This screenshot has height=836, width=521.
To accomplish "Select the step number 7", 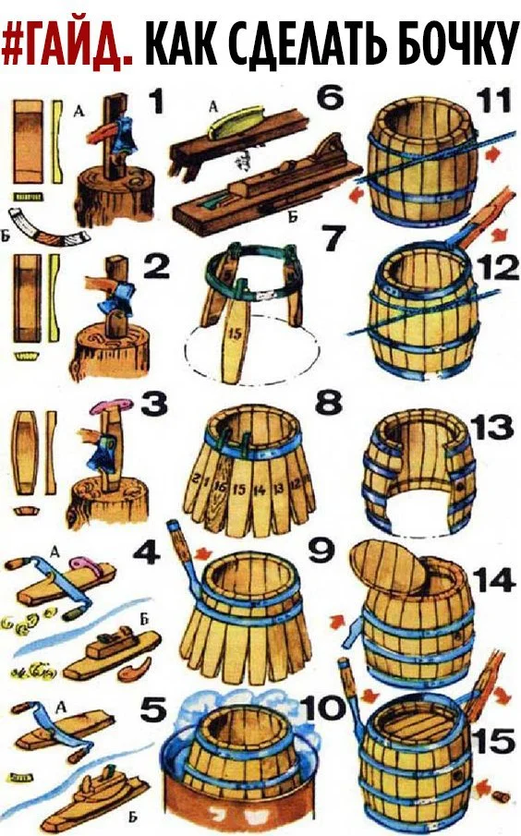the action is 333,237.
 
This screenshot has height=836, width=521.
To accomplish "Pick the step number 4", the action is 147,553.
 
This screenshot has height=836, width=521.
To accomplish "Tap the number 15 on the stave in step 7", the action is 235,334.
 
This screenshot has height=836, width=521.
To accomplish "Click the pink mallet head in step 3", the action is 113,406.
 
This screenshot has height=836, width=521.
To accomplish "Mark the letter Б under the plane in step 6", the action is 292,216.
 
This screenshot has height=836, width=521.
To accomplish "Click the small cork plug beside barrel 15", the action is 502,797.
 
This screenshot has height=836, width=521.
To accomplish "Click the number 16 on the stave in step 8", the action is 219,486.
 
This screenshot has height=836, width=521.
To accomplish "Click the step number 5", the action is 153,710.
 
